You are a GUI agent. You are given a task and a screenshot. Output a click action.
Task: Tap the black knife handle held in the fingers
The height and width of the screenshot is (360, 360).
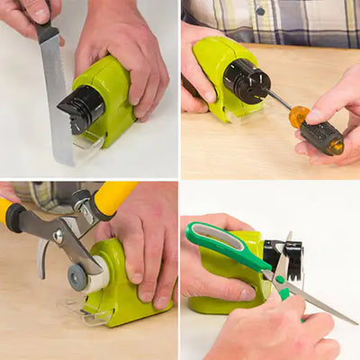45,31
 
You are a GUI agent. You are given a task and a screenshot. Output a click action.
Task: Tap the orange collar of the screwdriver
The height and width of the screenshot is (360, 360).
299,116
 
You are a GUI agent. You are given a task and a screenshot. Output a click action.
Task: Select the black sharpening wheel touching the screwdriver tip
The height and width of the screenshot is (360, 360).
246,80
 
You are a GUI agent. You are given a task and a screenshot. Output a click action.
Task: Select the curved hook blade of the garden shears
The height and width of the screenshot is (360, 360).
41,257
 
